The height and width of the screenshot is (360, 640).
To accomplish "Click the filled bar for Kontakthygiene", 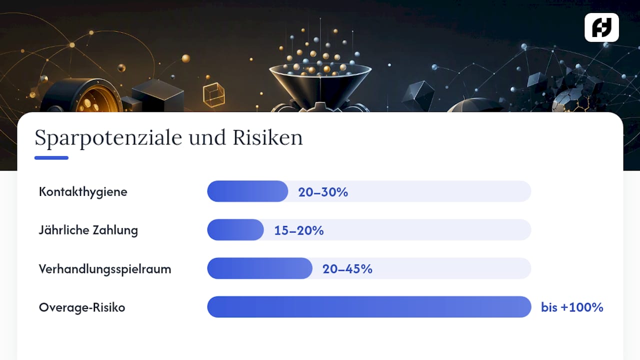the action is (247, 191).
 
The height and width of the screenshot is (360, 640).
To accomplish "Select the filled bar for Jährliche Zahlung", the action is (235, 229).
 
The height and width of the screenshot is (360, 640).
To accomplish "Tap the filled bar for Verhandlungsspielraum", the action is (259, 268).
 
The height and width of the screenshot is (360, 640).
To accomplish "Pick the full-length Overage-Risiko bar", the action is (369, 307).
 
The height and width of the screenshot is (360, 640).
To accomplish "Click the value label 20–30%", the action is (323, 192).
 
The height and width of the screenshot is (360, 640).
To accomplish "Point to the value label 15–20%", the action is (299, 230).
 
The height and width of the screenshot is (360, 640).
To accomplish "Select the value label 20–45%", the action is (347, 269).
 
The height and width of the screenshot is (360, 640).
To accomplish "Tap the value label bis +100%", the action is (572, 307).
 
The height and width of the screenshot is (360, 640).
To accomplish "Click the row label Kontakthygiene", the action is (83, 191).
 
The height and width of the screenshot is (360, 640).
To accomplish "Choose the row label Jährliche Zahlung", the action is (88, 230).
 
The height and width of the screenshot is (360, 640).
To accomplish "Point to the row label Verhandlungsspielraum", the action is (105, 269).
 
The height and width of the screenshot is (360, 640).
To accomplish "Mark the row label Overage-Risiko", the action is (82, 307).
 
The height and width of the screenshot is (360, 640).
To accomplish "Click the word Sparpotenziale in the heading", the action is (108, 138).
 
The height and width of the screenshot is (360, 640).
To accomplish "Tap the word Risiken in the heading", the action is (267, 137).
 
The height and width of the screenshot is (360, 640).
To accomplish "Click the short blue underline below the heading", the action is (51, 157).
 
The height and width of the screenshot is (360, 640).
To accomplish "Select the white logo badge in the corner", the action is (601, 27).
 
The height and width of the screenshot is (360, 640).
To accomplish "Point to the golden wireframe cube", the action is (213, 95).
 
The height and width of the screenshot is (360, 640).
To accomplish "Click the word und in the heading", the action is (207, 137).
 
